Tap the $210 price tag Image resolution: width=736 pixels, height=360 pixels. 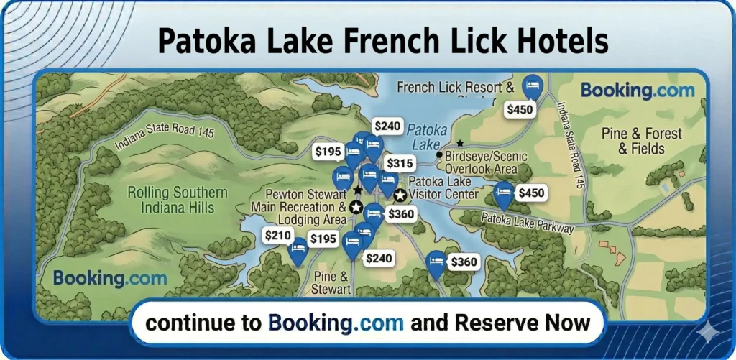coord(277,235)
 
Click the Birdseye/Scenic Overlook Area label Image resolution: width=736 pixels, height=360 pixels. coord(486,162)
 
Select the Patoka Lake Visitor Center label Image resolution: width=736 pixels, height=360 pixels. coord(443,188)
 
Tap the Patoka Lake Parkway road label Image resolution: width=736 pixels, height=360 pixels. coord(528,223)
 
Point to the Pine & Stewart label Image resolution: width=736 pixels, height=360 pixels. coord(331,283)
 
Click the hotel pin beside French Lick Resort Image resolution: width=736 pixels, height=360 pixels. coord(533,87)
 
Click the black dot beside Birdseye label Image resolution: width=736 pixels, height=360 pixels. coord(439,154)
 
